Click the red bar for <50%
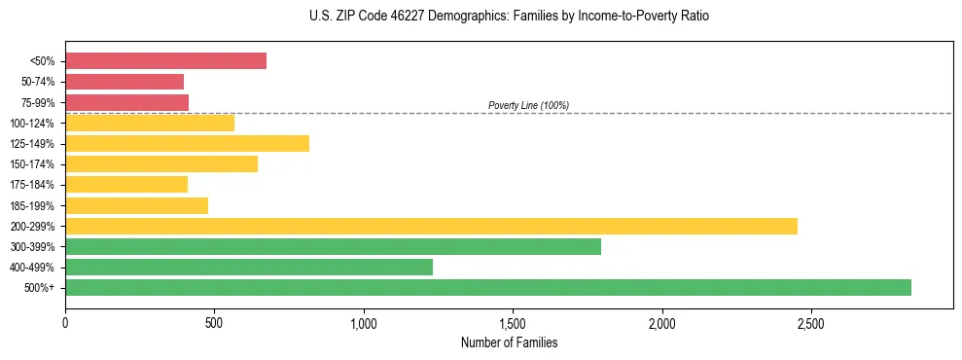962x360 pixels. click(165, 61)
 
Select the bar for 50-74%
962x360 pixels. click(125, 82)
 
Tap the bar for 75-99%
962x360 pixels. click(126, 102)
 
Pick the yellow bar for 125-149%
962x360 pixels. click(187, 143)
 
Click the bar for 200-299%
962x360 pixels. click(431, 226)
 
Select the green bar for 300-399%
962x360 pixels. click(333, 246)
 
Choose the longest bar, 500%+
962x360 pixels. click(488, 287)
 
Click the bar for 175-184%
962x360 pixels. click(126, 184)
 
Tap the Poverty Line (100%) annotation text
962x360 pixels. click(528, 105)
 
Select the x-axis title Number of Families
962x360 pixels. click(509, 342)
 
